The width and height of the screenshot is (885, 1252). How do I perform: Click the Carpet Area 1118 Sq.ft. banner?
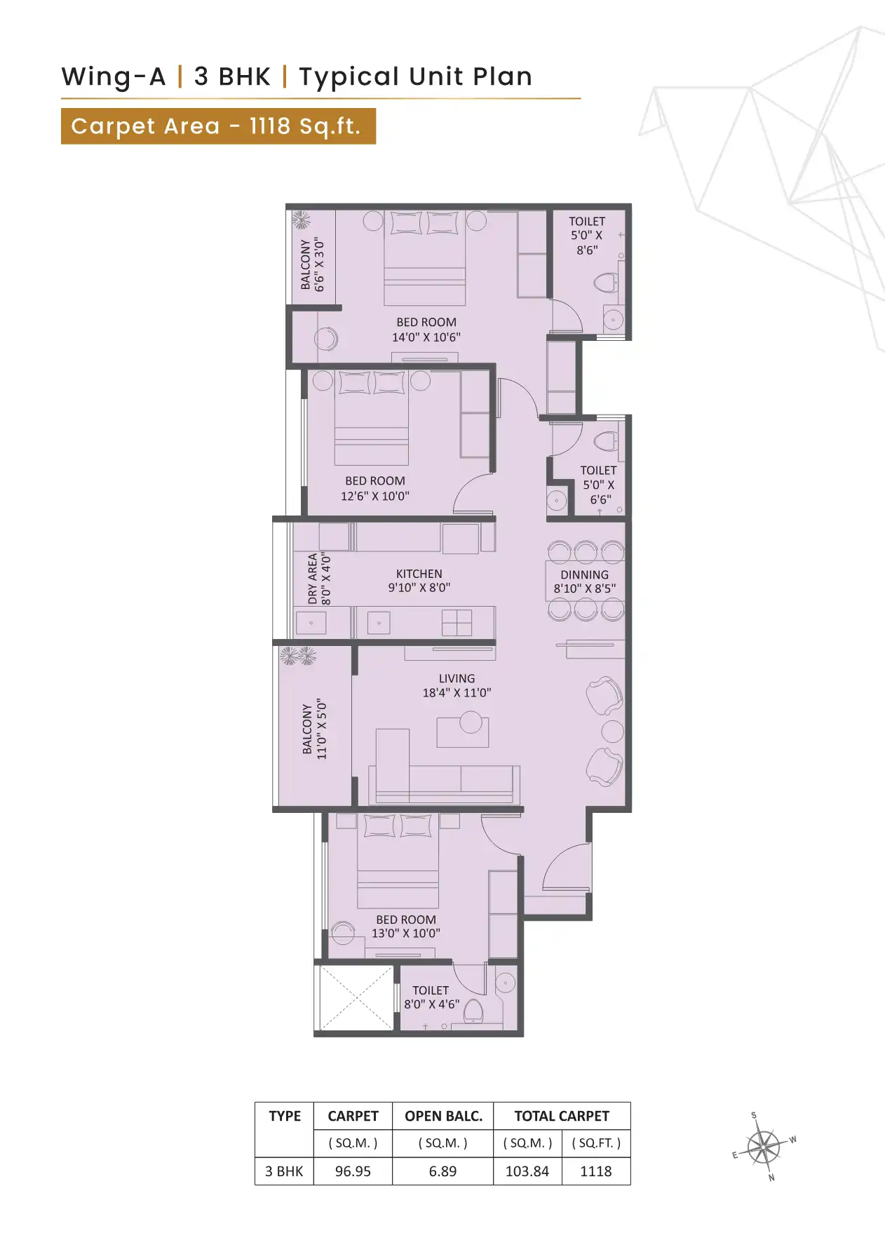point(218,126)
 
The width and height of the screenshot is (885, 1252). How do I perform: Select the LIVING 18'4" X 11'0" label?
point(457,686)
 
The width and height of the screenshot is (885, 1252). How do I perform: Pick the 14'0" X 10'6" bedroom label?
point(426,330)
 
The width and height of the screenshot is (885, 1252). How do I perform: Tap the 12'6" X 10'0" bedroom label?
point(374,488)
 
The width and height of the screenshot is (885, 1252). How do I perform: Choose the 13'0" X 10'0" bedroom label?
point(405,927)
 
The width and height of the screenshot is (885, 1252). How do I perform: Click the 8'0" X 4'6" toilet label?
point(431,997)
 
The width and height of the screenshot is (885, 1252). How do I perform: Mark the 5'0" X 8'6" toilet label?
point(586,236)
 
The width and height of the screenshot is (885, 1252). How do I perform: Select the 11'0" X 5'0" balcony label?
point(314,729)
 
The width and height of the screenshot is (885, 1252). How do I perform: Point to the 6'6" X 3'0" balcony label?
point(313,264)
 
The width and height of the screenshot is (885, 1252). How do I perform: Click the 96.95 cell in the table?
point(353,1171)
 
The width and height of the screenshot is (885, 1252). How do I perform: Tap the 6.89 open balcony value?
point(443,1171)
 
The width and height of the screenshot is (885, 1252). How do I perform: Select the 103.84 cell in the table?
point(527,1171)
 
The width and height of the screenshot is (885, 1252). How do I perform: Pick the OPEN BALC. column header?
point(443,1116)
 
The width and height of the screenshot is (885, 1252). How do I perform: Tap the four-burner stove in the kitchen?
point(457,622)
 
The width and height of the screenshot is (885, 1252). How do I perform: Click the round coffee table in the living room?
point(471,722)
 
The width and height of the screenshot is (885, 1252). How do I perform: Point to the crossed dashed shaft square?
point(356,998)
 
